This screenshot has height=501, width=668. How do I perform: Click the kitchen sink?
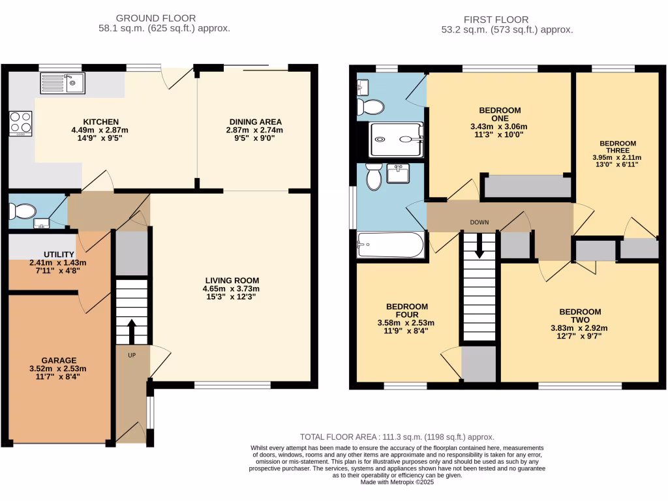(x=63, y=83)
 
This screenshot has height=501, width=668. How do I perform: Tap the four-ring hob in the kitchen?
(x=20, y=123)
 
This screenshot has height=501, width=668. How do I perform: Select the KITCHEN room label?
(x=100, y=121)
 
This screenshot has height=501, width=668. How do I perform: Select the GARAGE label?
(x=59, y=360)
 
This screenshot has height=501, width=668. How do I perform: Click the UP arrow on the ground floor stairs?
(x=132, y=331)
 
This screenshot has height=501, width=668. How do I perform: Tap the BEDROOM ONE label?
(x=500, y=114)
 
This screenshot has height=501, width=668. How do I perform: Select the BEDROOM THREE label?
(x=617, y=147)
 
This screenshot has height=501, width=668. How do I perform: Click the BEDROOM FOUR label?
(x=406, y=311)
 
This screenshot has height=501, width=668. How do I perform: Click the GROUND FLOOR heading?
(x=155, y=18)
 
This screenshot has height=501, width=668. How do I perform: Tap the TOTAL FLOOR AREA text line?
(x=397, y=437)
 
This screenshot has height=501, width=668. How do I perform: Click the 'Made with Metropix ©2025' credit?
(x=397, y=482)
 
